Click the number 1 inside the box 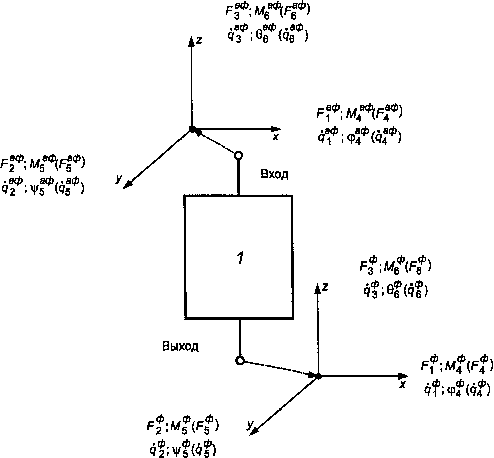(240, 258)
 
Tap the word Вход (274, 174)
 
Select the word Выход (180, 346)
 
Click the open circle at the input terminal (238, 155)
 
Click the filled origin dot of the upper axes (192, 129)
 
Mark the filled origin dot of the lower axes (318, 376)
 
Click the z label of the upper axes (199, 40)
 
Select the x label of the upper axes (275, 137)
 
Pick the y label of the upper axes (118, 179)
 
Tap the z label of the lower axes (325, 287)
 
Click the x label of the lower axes (402, 384)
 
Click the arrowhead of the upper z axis (191, 40)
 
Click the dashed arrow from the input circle (216, 142)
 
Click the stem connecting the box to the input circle (239, 177)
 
